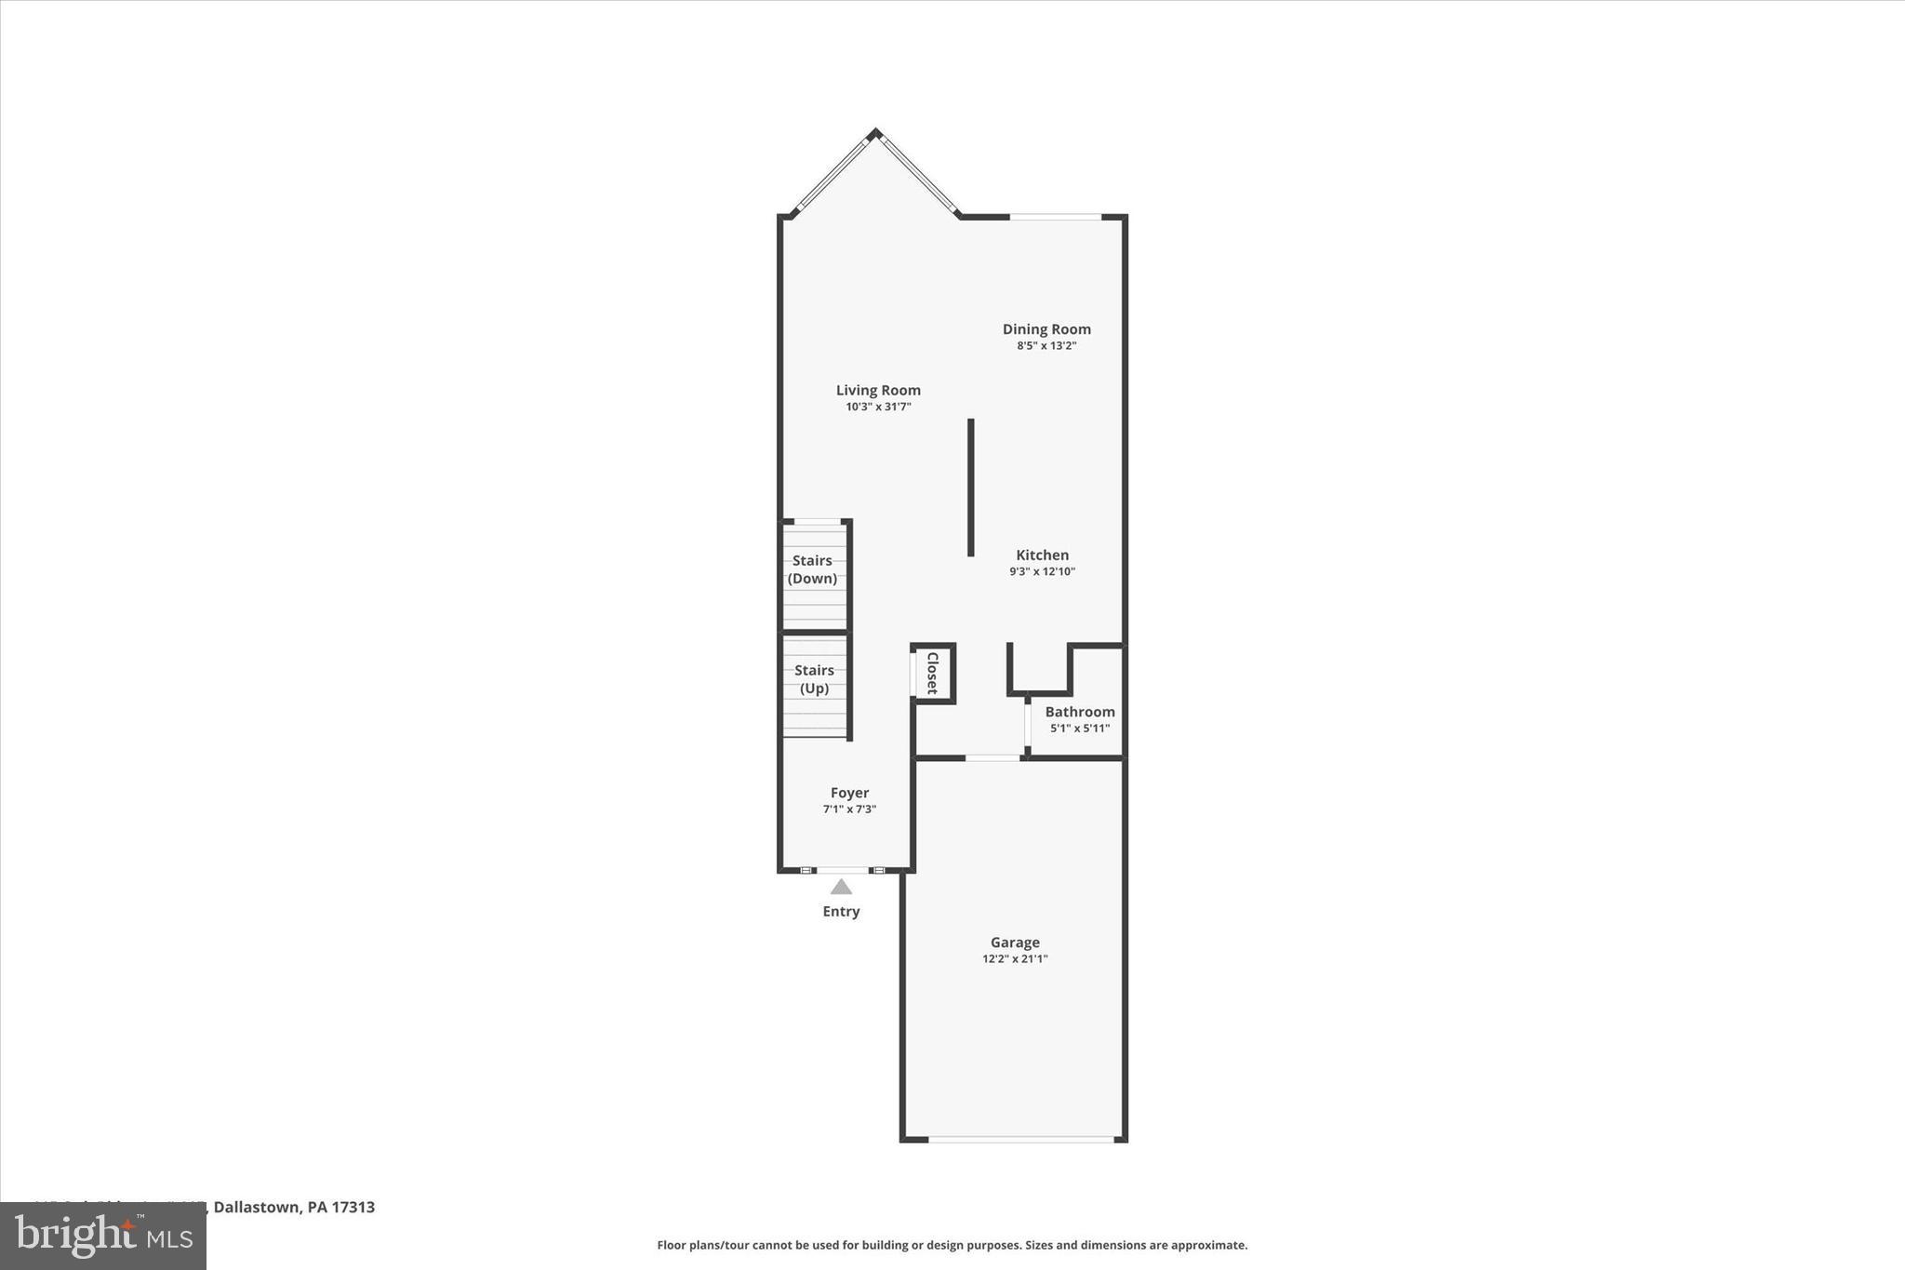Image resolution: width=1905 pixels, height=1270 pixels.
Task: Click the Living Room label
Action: (878, 391)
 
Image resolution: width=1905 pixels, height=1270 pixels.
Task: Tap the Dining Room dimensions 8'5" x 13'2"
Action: (1046, 346)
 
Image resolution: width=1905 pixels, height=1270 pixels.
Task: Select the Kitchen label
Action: (1042, 555)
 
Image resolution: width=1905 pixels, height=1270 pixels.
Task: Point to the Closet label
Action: (932, 673)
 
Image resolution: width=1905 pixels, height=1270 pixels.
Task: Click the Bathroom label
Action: (1079, 712)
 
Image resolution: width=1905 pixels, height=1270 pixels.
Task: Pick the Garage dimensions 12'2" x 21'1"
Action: (1015, 959)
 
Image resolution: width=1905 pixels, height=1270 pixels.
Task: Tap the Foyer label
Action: (849, 793)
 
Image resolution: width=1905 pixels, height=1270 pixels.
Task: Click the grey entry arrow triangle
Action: (841, 887)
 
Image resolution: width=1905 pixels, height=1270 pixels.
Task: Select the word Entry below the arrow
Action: (841, 912)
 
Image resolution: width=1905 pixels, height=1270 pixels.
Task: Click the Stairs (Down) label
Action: (813, 569)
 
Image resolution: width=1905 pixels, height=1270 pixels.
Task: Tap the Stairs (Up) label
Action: (814, 679)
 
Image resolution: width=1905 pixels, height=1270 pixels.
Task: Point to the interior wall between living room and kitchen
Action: (970, 487)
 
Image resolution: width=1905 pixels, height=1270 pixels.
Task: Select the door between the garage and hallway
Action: (992, 758)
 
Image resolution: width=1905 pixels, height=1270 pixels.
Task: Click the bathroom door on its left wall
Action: (1027, 724)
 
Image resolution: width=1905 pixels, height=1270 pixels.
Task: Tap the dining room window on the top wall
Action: (1055, 217)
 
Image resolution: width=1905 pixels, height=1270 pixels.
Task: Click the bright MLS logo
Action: (103, 1236)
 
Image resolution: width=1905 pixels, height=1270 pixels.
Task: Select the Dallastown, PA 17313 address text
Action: (294, 1207)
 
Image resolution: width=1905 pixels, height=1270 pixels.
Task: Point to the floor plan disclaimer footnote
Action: (952, 1245)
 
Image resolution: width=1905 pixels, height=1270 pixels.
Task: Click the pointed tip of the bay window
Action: (874, 133)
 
